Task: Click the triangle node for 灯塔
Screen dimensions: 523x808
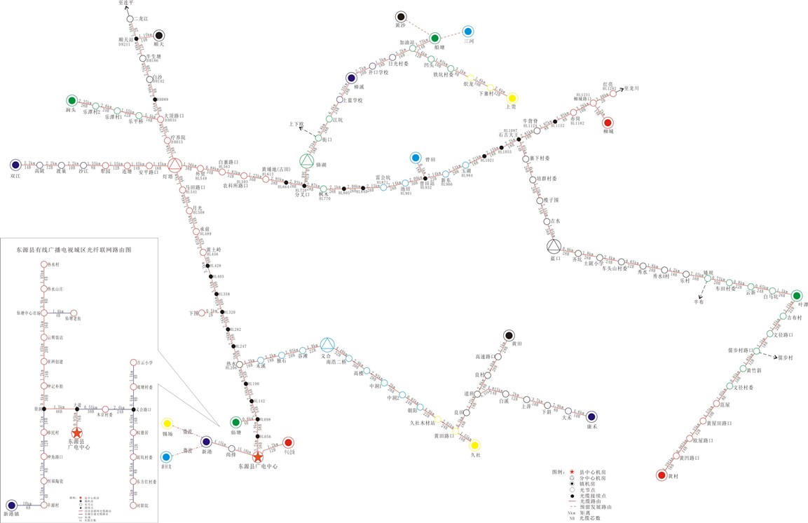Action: [x=174, y=165]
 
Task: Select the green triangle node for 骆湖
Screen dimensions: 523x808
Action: [x=306, y=161]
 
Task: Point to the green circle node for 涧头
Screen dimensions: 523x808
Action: [x=71, y=100]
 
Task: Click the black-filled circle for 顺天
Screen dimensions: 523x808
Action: [x=160, y=35]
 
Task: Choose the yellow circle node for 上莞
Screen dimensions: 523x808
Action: [x=512, y=97]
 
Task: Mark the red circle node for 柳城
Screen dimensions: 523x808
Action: [x=608, y=123]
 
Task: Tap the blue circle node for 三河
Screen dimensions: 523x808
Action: [x=468, y=32]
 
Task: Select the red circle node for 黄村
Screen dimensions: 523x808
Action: [x=661, y=475]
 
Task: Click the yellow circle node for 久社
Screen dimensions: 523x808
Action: [x=475, y=445]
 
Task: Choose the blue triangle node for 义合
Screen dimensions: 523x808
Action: [x=327, y=344]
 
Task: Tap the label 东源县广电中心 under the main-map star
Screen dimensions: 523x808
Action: [x=259, y=466]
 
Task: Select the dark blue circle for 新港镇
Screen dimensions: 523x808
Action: [x=11, y=505]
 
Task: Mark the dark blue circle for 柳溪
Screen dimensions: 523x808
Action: [x=350, y=78]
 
